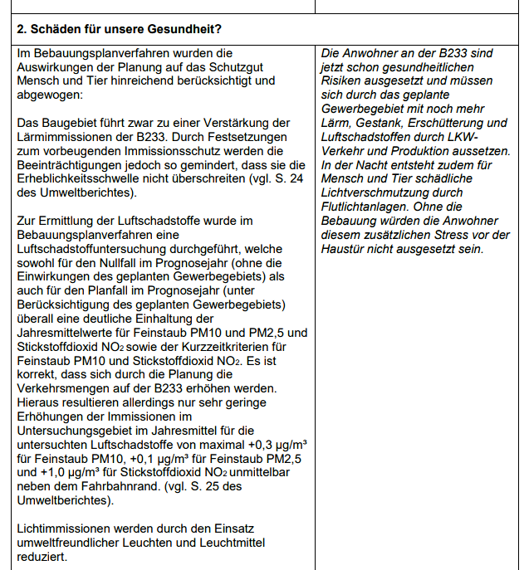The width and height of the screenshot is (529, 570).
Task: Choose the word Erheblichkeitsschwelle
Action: (86, 178)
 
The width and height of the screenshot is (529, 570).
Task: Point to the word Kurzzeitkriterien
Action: (228, 346)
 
